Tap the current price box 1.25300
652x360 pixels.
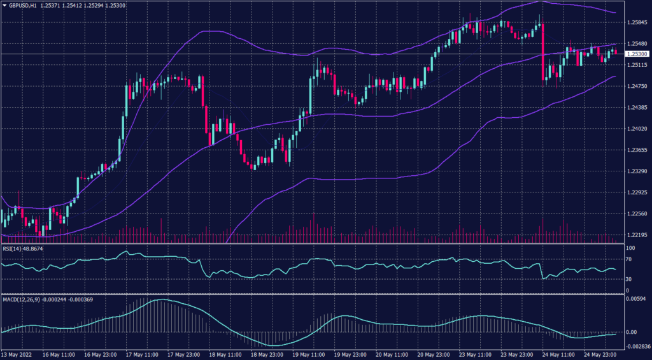[x=637, y=54]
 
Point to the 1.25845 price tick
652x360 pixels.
[x=637, y=23]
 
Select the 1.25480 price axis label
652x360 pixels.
[x=637, y=44]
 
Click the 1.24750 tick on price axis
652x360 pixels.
[x=637, y=86]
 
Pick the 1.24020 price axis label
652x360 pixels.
[x=637, y=129]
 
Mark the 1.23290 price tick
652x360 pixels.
[x=637, y=171]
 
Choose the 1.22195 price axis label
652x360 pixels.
[x=637, y=235]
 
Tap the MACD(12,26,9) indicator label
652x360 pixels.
[x=25, y=299]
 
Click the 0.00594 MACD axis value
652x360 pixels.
[x=637, y=298]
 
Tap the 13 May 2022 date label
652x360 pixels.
[x=18, y=355]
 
